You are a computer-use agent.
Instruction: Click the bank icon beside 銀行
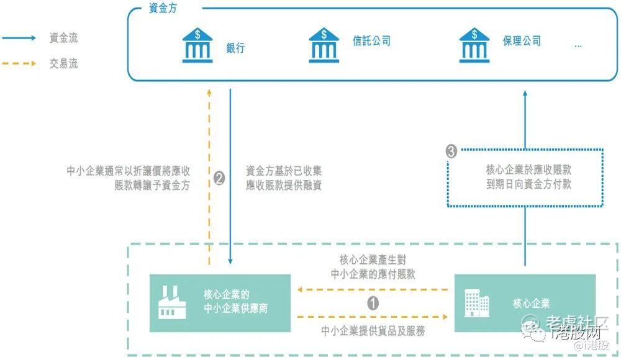(197, 45)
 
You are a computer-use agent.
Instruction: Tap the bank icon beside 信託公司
(324, 45)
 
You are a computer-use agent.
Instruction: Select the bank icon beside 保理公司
(474, 45)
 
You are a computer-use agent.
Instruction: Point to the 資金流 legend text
(63, 38)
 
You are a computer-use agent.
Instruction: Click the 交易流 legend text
(63, 63)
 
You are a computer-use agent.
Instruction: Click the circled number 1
(373, 303)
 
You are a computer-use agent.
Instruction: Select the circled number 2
(219, 178)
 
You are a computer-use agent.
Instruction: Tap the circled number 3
(452, 150)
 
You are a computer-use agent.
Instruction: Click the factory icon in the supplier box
(171, 302)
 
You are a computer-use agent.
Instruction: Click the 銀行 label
(235, 48)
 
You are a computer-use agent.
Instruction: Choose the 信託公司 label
(371, 42)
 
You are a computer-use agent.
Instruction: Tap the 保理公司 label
(522, 42)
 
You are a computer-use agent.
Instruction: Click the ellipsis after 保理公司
(578, 45)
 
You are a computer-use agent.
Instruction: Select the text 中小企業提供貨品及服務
(373, 331)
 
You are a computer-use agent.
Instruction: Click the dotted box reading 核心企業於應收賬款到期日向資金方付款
(525, 177)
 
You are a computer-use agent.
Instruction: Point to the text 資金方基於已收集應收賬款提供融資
(284, 178)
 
